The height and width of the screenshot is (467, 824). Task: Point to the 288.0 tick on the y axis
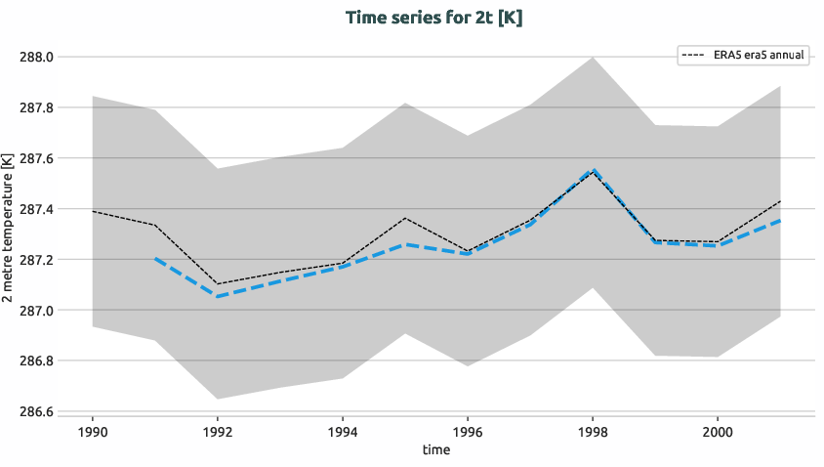click(x=37, y=57)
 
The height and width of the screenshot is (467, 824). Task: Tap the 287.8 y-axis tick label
click(x=37, y=107)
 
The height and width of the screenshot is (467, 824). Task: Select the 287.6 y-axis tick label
click(x=37, y=158)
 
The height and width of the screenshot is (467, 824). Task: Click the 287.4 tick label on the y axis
click(x=37, y=209)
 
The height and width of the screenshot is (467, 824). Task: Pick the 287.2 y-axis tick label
click(x=37, y=260)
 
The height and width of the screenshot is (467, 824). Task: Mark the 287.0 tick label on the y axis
click(x=37, y=311)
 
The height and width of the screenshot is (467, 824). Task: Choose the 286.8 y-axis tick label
click(x=37, y=361)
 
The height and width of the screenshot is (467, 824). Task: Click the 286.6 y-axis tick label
click(x=37, y=412)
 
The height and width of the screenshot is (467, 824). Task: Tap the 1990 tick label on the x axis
click(x=93, y=431)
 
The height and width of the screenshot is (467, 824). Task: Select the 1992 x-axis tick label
click(x=218, y=431)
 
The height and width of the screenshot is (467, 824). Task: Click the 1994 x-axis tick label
click(x=343, y=431)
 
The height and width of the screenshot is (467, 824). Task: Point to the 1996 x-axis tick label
click(x=468, y=431)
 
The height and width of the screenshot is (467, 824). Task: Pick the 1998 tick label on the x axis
click(x=593, y=431)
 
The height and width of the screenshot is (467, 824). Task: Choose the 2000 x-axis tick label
click(x=718, y=431)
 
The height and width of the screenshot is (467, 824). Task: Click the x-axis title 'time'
click(x=436, y=449)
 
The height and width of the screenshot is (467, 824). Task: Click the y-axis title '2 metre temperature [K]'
click(x=9, y=234)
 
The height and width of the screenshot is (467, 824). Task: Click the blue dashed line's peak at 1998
click(x=593, y=170)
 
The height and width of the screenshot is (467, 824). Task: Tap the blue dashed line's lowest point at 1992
click(x=218, y=297)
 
